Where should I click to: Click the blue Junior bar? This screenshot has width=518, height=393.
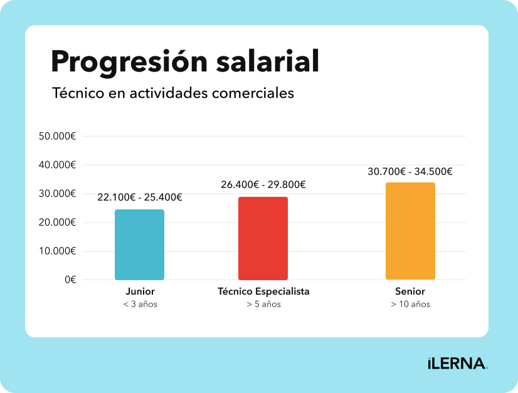139,244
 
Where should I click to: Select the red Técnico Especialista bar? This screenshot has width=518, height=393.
263,238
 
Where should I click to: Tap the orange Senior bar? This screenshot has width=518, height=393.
410,231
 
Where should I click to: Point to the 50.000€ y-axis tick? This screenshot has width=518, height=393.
57,136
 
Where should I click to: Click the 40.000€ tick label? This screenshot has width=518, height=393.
57,165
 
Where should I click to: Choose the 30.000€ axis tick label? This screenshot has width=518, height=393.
57,194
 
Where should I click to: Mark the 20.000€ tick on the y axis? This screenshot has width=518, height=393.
57,223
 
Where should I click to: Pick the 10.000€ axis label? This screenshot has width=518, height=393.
57,251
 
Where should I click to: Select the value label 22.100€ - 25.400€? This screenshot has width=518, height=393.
140,197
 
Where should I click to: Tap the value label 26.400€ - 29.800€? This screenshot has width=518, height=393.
263,184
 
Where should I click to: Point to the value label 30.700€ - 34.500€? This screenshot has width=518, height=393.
410,171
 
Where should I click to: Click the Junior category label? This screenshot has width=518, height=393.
140,291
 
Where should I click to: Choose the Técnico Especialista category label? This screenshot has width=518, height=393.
263,291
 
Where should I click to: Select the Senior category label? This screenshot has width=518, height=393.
410,291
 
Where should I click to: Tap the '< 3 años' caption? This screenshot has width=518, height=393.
140,305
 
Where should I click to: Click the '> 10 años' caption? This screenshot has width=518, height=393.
410,305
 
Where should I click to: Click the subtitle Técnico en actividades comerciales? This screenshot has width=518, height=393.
172,93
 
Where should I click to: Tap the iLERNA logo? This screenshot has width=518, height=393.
457,364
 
